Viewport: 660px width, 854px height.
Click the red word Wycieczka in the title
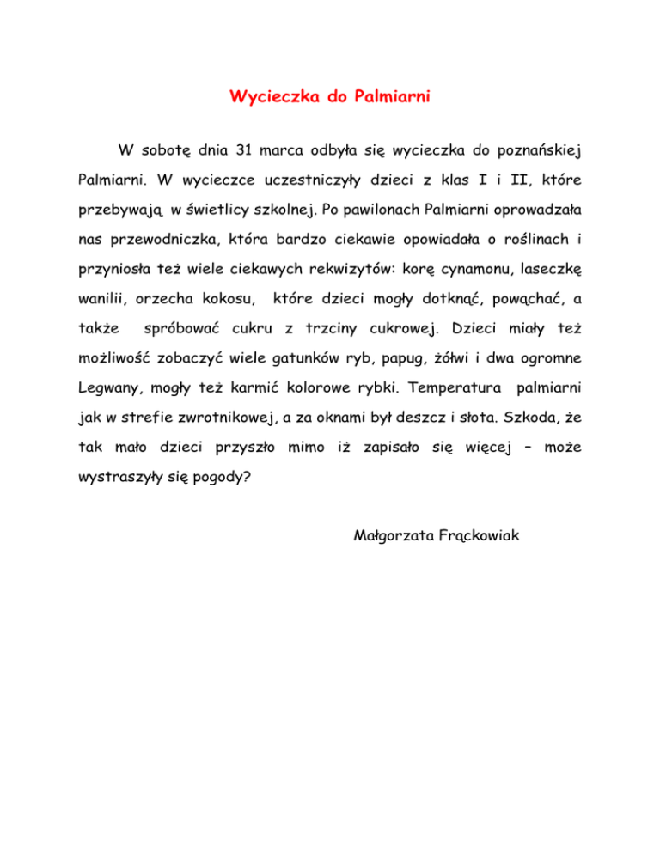pyautogui.click(x=269, y=97)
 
